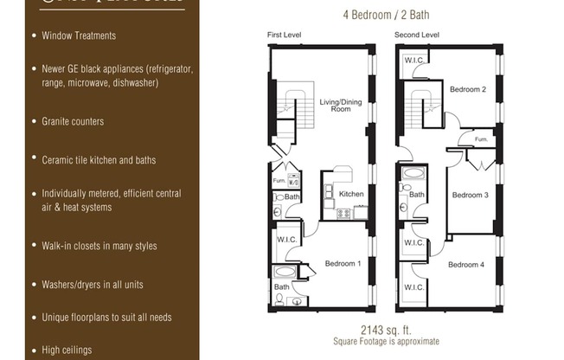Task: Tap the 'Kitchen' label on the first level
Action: click(x=351, y=194)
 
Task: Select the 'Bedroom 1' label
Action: click(x=343, y=263)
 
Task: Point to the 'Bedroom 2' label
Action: click(x=467, y=89)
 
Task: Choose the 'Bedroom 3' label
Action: click(x=470, y=195)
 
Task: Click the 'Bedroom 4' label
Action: click(x=466, y=264)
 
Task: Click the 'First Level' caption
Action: click(x=285, y=35)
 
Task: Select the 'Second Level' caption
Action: click(x=417, y=35)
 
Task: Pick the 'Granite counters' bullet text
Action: click(x=73, y=121)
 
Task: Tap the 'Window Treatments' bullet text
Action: click(x=79, y=35)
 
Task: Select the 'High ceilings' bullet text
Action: click(x=68, y=350)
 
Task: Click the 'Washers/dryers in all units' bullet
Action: click(x=93, y=284)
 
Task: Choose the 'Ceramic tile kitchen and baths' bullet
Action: click(x=99, y=160)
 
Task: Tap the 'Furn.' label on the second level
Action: click(x=481, y=138)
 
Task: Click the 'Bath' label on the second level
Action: click(x=417, y=195)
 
